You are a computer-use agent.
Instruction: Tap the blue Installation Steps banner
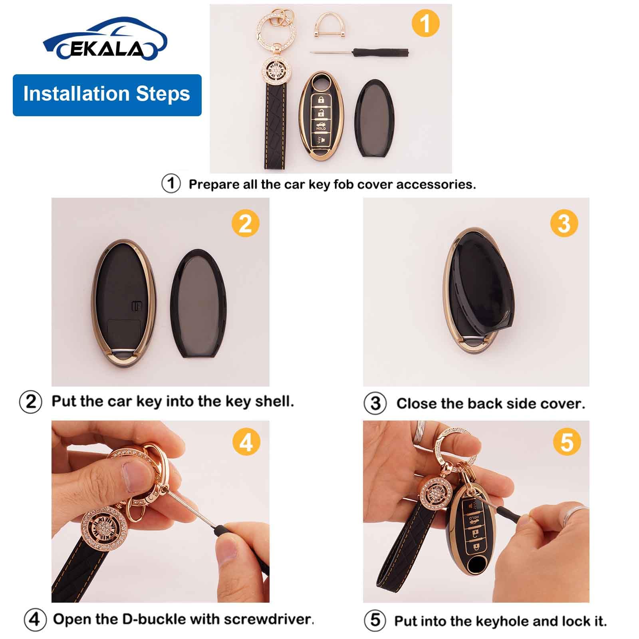[107, 95]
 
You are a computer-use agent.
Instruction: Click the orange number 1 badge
[425, 23]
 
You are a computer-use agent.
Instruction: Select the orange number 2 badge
[245, 223]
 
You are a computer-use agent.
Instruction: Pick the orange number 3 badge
[564, 223]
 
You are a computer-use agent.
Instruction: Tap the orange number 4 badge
[246, 443]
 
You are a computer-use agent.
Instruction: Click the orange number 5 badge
[567, 443]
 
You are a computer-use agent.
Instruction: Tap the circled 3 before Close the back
[375, 403]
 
